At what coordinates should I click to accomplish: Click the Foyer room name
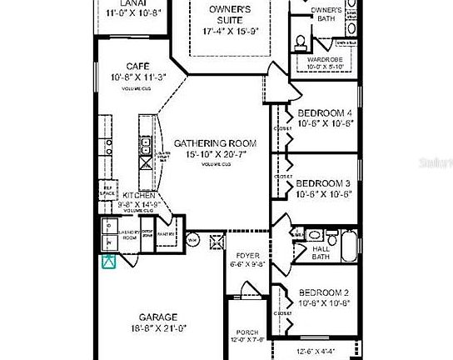(247, 256)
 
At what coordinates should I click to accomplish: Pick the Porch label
(247, 331)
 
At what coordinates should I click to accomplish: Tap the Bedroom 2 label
(326, 293)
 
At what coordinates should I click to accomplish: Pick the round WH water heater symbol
(191, 241)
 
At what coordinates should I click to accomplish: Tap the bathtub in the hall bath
(349, 247)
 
